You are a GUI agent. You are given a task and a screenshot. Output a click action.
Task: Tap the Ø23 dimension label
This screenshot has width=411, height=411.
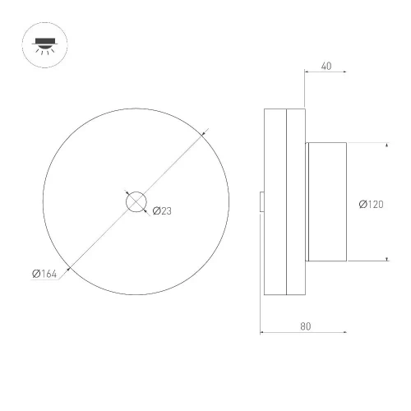pyautogui.click(x=162, y=211)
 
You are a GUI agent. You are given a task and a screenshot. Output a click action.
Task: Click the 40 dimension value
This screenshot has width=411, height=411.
pyautogui.click(x=326, y=67)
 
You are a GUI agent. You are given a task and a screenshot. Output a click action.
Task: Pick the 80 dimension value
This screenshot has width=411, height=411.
pyautogui.click(x=305, y=326)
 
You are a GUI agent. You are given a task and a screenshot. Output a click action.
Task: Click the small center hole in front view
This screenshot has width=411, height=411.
pyautogui.click(x=136, y=201)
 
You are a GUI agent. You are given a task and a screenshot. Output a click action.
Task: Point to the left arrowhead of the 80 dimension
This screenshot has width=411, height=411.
pyautogui.click(x=264, y=333)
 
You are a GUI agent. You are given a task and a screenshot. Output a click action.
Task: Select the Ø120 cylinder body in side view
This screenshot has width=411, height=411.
pyautogui.click(x=328, y=201)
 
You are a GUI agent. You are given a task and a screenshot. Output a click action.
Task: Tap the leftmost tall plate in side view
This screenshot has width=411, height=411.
pyautogui.click(x=274, y=201)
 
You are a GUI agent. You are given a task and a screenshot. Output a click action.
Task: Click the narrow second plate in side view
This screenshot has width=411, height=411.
pyautogui.click(x=294, y=201)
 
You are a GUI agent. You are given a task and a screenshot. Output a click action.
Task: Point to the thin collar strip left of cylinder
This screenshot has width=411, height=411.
pyautogui.click(x=307, y=201)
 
